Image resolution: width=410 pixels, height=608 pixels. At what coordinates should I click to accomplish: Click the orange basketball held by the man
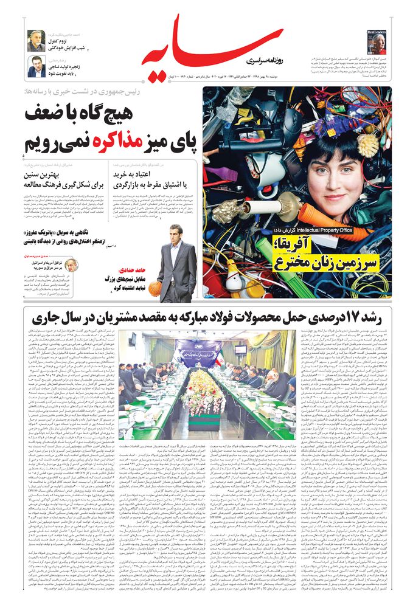coord(155,288)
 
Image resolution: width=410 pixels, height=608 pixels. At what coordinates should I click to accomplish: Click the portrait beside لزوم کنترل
coord(36,40)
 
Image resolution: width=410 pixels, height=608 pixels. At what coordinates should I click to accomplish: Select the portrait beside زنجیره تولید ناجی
coord(36,66)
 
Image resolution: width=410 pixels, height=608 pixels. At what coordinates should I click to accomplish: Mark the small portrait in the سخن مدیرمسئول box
coord(71,265)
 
